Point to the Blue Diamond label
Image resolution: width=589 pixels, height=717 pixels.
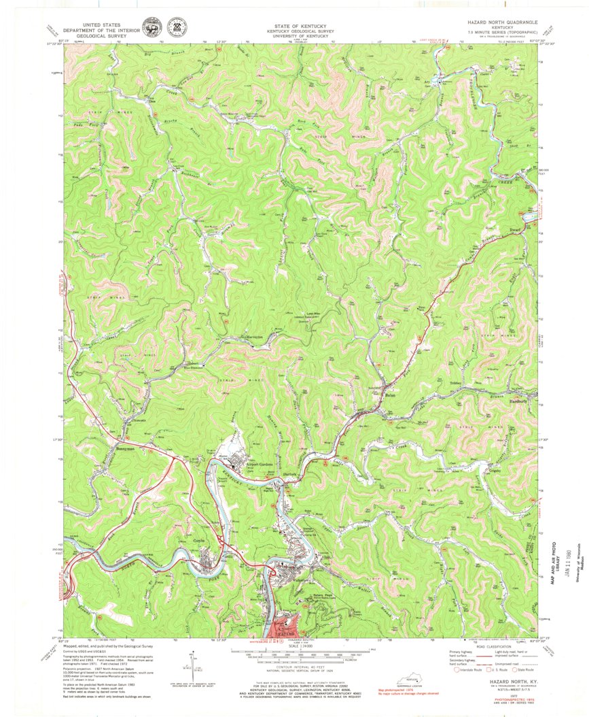pos(195,369)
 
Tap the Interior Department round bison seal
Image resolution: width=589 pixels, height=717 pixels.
pos(149,28)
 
